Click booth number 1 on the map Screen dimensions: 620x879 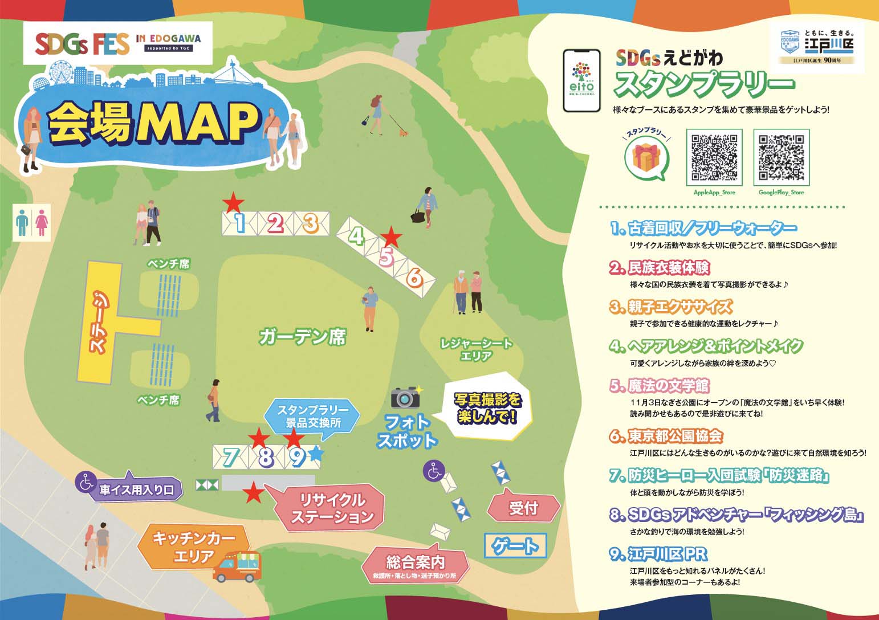[240, 223]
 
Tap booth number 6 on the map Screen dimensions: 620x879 [415, 278]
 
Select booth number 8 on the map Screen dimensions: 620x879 [265, 457]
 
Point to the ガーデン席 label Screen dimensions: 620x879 [302, 337]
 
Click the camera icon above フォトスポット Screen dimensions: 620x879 [405, 397]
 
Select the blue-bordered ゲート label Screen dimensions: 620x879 [515, 546]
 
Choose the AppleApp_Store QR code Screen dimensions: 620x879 [714, 157]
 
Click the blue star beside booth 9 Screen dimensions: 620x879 [316, 454]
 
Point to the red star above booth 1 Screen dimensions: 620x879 [233, 202]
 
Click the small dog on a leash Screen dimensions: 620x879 [404, 133]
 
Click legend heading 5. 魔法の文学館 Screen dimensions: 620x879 [660, 386]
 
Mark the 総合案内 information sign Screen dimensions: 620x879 [415, 564]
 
